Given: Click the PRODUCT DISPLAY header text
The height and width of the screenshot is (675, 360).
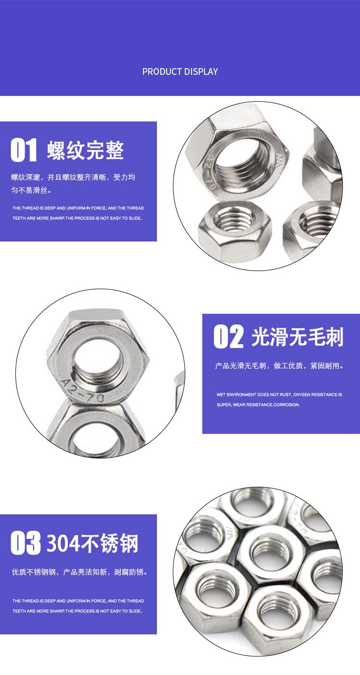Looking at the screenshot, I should click(x=180, y=71).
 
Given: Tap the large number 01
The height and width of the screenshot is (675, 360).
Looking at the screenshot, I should click(x=24, y=150).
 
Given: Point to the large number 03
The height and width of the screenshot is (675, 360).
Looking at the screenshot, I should click(x=25, y=543).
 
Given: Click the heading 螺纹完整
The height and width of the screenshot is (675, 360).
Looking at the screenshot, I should click(x=85, y=150).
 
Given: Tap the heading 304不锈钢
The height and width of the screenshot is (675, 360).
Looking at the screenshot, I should click(x=92, y=543).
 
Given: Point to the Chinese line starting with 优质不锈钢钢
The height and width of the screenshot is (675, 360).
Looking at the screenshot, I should click(x=79, y=572).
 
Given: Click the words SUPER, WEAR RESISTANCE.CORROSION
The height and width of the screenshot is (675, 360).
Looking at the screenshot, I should click(x=258, y=404).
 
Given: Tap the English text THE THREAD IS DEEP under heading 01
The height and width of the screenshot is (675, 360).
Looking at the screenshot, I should click(x=43, y=208).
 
